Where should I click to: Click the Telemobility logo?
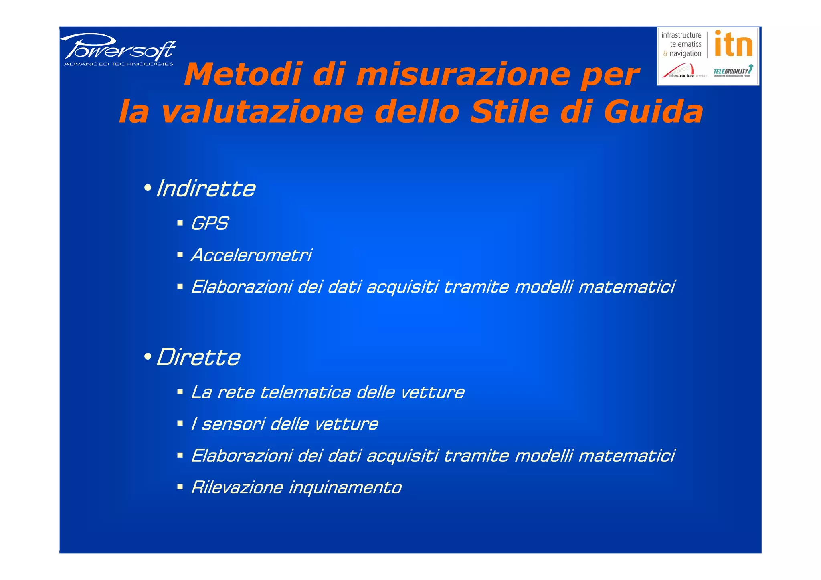click(x=733, y=71)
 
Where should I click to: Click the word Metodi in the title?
click(x=243, y=75)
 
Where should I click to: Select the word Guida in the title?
click(x=653, y=111)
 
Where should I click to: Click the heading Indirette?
click(x=206, y=188)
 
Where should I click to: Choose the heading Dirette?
click(x=198, y=357)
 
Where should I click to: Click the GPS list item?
click(x=210, y=223)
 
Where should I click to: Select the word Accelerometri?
click(x=251, y=255)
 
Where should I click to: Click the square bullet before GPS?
click(x=180, y=223)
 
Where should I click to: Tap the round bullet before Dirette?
click(x=148, y=356)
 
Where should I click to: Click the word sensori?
click(x=233, y=424)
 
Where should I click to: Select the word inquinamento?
click(x=345, y=487)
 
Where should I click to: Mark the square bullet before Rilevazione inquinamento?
click(x=180, y=487)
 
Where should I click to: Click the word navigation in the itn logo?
click(x=686, y=53)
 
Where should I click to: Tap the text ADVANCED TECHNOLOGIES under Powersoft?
click(x=119, y=64)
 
